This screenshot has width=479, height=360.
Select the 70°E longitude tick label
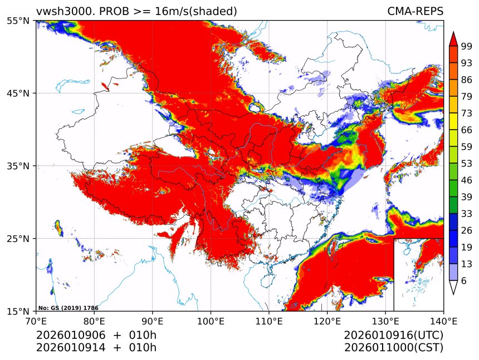point(36,320)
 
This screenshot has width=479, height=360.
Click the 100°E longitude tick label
point(211,320)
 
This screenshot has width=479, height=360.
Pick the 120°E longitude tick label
point(327,320)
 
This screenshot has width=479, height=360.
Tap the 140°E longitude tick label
point(443,320)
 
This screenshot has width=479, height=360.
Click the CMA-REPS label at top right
point(415,11)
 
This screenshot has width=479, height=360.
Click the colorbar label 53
point(467,163)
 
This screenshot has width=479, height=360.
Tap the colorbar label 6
point(464,280)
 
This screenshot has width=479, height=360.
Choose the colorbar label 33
point(467,213)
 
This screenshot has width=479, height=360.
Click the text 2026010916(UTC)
point(393,336)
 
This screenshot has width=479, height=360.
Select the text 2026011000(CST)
point(393,348)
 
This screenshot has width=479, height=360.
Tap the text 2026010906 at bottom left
point(66,336)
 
